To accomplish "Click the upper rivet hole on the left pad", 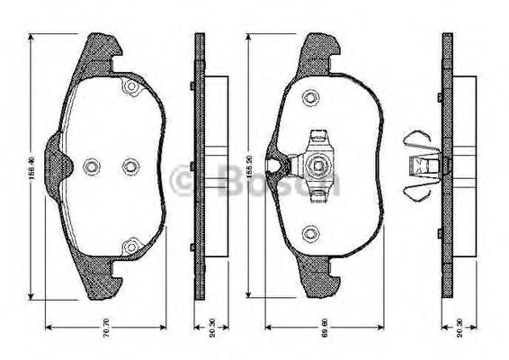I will click(x=129, y=88).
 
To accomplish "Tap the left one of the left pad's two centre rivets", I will click(x=91, y=166).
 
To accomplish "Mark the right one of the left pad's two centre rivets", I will click(x=129, y=166).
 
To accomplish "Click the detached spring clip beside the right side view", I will click(x=419, y=165).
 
